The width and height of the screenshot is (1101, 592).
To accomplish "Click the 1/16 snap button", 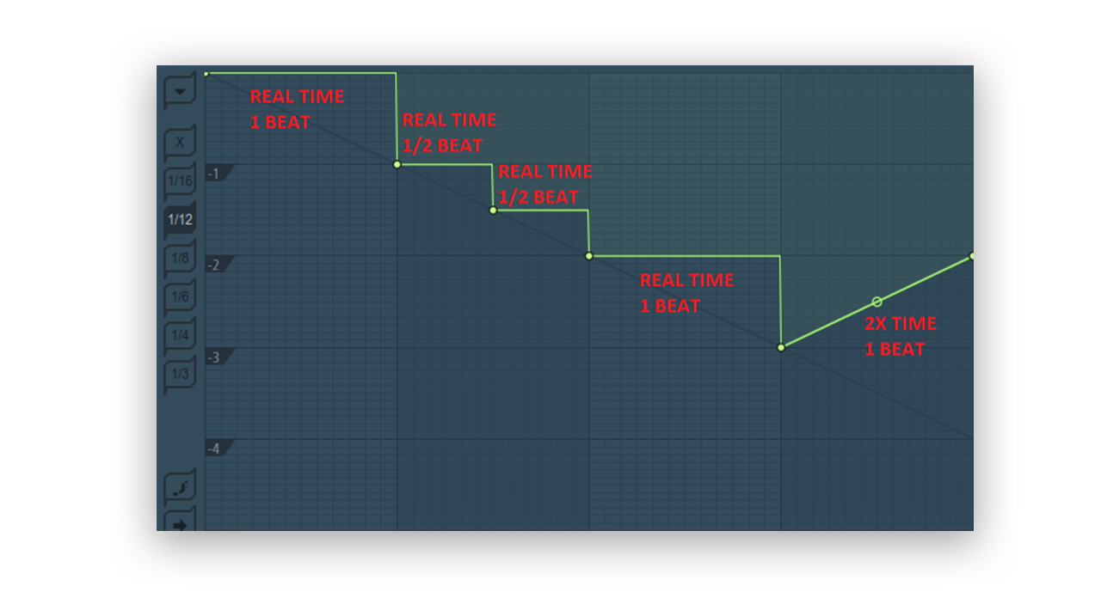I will click(180, 180).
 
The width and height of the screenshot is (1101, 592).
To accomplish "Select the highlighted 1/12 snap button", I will click(180, 219).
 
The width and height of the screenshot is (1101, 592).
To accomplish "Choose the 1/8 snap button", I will click(180, 258).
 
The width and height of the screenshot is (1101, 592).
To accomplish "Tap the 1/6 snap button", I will click(180, 296).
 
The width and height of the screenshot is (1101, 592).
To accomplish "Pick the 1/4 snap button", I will click(180, 335).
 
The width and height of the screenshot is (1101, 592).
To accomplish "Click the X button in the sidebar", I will click(180, 142).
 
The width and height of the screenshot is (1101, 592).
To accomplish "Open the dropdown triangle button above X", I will click(180, 91).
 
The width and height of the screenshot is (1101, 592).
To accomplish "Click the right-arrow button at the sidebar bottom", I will click(180, 524).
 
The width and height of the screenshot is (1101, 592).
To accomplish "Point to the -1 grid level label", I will click(214, 174).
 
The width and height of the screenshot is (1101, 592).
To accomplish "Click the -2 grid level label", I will click(214, 265).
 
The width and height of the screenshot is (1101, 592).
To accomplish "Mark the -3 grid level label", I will click(214, 357).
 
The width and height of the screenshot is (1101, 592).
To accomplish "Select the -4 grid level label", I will click(214, 449).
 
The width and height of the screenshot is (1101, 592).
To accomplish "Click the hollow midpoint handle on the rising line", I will click(876, 302).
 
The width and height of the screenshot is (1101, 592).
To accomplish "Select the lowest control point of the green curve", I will click(781, 347).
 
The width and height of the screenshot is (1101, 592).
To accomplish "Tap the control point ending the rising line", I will click(971, 256).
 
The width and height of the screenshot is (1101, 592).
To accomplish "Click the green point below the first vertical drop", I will click(397, 164).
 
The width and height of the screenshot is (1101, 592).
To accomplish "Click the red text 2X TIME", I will click(900, 324).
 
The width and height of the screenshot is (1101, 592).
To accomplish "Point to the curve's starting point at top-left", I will click(206, 74).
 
